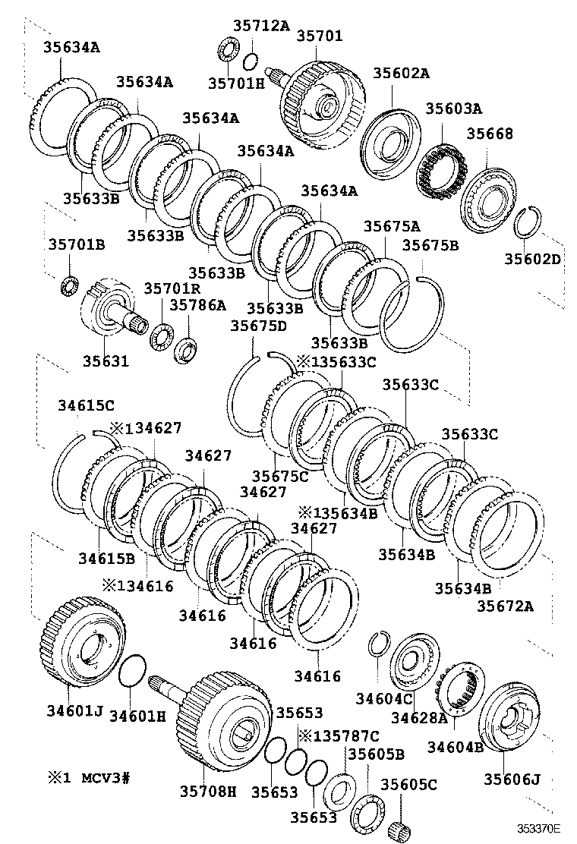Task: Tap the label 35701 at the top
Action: point(319,36)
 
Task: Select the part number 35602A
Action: point(401,73)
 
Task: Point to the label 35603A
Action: point(453,109)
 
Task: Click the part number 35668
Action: point(490,134)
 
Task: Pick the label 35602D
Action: point(532,258)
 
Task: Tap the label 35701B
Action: point(77,244)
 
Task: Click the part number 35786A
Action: point(197,304)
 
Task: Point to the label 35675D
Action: point(258,326)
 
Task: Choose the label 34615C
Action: point(86,405)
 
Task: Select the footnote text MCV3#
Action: point(106,778)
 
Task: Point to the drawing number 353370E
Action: point(539,829)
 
